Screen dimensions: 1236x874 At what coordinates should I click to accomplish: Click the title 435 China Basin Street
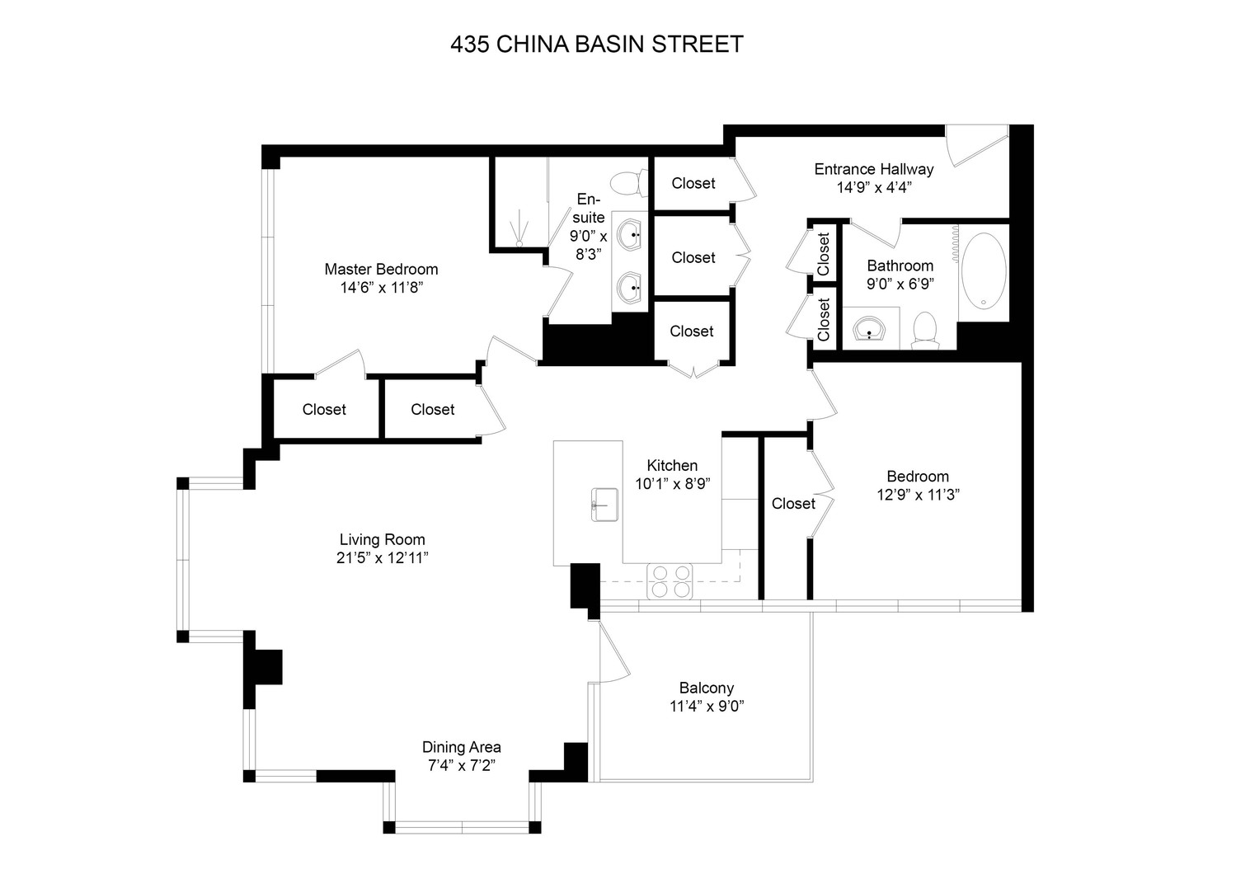(597, 45)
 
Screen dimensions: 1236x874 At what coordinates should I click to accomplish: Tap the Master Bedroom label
(381, 270)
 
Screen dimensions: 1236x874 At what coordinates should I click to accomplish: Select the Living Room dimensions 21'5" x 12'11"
(383, 558)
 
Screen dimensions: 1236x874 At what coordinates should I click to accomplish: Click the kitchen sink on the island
(604, 505)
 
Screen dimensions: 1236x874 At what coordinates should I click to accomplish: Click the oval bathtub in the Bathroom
(984, 271)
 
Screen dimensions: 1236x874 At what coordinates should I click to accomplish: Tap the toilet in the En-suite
(628, 183)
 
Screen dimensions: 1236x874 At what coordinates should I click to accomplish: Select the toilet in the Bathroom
(925, 330)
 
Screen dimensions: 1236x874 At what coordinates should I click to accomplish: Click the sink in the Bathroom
(869, 330)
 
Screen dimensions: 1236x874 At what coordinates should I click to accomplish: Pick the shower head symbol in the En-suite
(519, 234)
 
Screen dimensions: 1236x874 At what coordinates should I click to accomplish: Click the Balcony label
(707, 688)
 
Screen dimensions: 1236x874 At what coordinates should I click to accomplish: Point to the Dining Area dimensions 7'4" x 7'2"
(462, 765)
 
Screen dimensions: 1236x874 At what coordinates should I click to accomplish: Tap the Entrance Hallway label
(874, 169)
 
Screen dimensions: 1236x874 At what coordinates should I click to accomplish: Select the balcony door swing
(614, 652)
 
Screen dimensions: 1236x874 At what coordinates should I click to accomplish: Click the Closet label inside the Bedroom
(793, 503)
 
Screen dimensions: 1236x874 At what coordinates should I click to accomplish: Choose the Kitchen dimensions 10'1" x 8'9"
(673, 484)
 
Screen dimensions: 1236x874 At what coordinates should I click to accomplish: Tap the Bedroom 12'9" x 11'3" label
(919, 486)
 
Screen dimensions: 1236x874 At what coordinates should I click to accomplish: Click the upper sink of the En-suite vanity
(629, 235)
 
